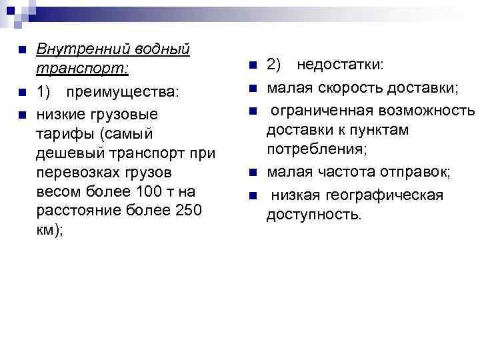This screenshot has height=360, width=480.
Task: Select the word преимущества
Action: pos(126,91)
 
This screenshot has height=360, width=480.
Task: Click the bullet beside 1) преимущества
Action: pos(22,91)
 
